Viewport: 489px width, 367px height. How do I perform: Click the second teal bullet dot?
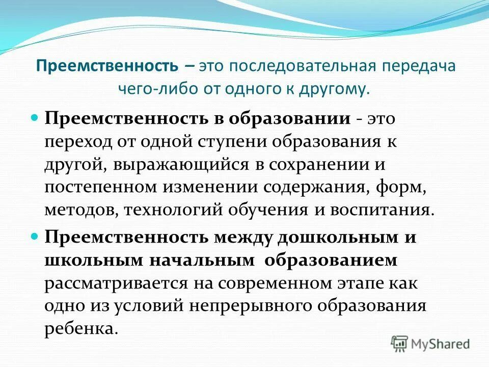pos(35,237)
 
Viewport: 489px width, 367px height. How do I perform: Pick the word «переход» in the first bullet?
pos(78,143)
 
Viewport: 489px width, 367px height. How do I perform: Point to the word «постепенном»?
pos(100,188)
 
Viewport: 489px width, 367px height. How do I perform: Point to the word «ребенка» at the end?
pos(76,329)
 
